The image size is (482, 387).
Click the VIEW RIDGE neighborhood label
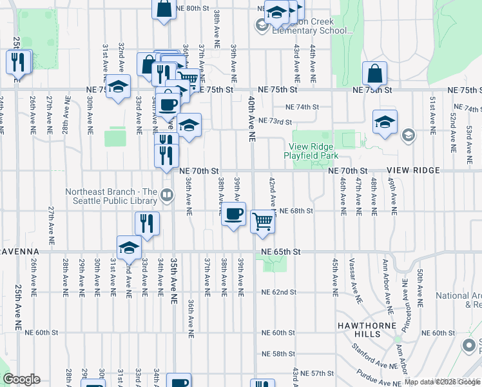[x=413, y=170]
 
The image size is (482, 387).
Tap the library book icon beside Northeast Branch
[x=167, y=194]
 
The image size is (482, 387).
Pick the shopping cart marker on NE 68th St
[x=263, y=221]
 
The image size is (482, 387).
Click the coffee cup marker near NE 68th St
[x=234, y=213]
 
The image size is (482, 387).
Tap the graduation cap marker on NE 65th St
[x=129, y=247]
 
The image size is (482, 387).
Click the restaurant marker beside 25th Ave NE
[x=18, y=62]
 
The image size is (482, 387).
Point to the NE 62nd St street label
[x=278, y=292]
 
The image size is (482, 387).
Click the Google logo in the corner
[x=21, y=379]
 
